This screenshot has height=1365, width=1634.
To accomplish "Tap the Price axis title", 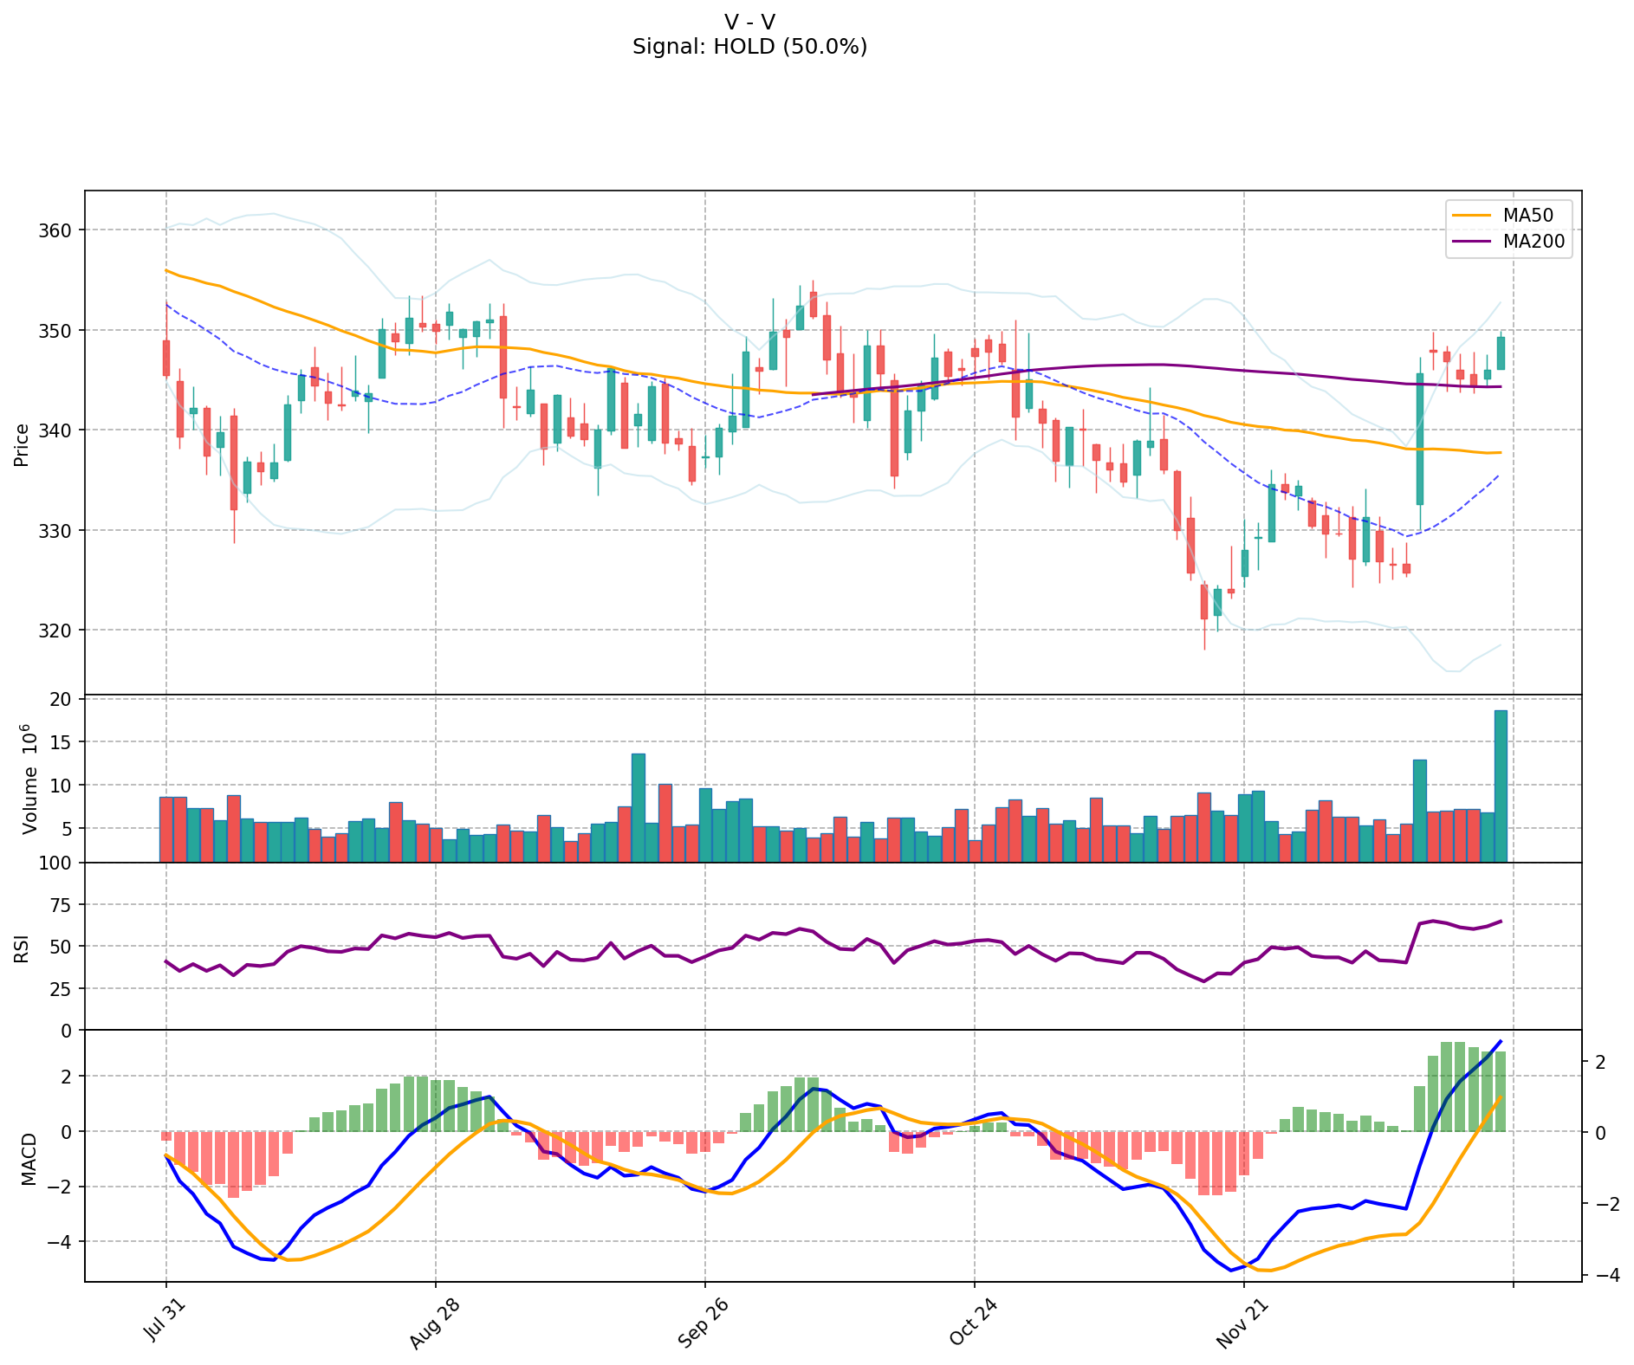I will tap(22, 445).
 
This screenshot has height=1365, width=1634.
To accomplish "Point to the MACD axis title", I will tap(29, 1159).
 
